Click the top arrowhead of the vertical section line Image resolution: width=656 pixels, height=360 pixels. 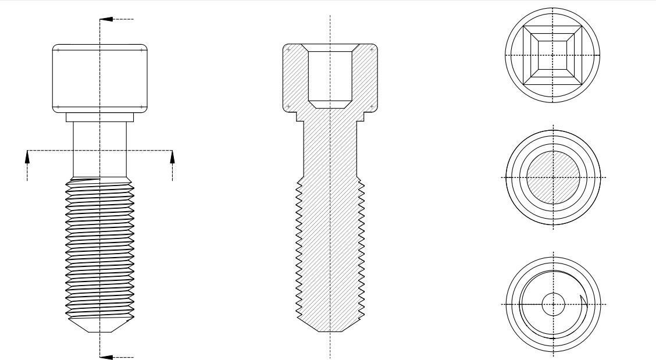coord(104,19)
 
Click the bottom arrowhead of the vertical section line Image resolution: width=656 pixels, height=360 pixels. coord(104,357)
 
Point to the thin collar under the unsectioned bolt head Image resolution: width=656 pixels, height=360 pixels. coord(99,117)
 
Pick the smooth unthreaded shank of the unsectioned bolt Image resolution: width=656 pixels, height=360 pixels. coord(99,148)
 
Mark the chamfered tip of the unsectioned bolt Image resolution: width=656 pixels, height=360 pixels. coord(99,325)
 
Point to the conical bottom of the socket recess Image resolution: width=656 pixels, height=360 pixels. coord(330,104)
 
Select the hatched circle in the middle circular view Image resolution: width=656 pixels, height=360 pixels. coord(552,177)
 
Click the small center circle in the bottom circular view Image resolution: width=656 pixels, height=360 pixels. coord(552,304)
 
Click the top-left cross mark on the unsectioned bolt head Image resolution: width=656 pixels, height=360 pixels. coord(58,50)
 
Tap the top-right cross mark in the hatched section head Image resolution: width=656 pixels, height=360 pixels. coord(372,50)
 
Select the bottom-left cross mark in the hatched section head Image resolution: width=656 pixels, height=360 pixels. coord(288,106)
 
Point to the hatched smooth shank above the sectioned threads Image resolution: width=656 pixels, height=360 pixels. coord(330,151)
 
